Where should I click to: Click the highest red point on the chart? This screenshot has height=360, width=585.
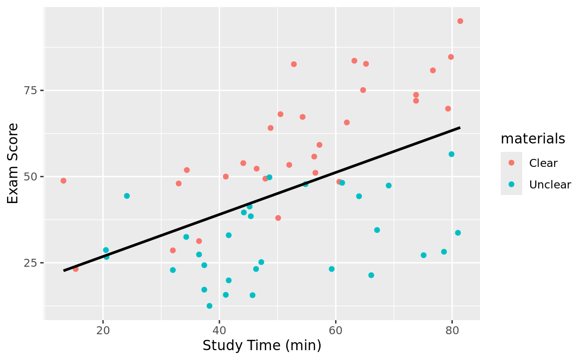[x=460, y=21]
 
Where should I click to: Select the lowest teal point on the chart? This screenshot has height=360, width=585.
[x=210, y=306]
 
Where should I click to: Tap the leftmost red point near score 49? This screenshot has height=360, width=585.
[x=63, y=181]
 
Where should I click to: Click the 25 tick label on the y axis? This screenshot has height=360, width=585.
[x=31, y=263]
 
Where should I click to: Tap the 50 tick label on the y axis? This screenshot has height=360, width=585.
[x=31, y=177]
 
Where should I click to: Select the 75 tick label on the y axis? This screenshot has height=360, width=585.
[x=31, y=90]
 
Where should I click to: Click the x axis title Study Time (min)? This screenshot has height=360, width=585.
[x=262, y=346]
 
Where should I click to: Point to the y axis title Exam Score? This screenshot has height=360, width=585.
[x=14, y=163]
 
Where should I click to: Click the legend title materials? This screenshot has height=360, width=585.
[x=532, y=139]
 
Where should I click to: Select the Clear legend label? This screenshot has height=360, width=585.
[x=543, y=163]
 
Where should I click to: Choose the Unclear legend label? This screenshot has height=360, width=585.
[x=550, y=185]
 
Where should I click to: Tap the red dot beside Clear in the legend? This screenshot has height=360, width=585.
[x=511, y=163]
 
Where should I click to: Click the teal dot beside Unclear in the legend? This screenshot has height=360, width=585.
[x=511, y=184]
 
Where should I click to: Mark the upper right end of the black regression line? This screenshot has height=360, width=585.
[x=460, y=127]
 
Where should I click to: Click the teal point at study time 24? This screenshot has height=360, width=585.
[x=127, y=196]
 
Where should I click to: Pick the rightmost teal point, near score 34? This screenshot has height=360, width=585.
[x=458, y=233]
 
